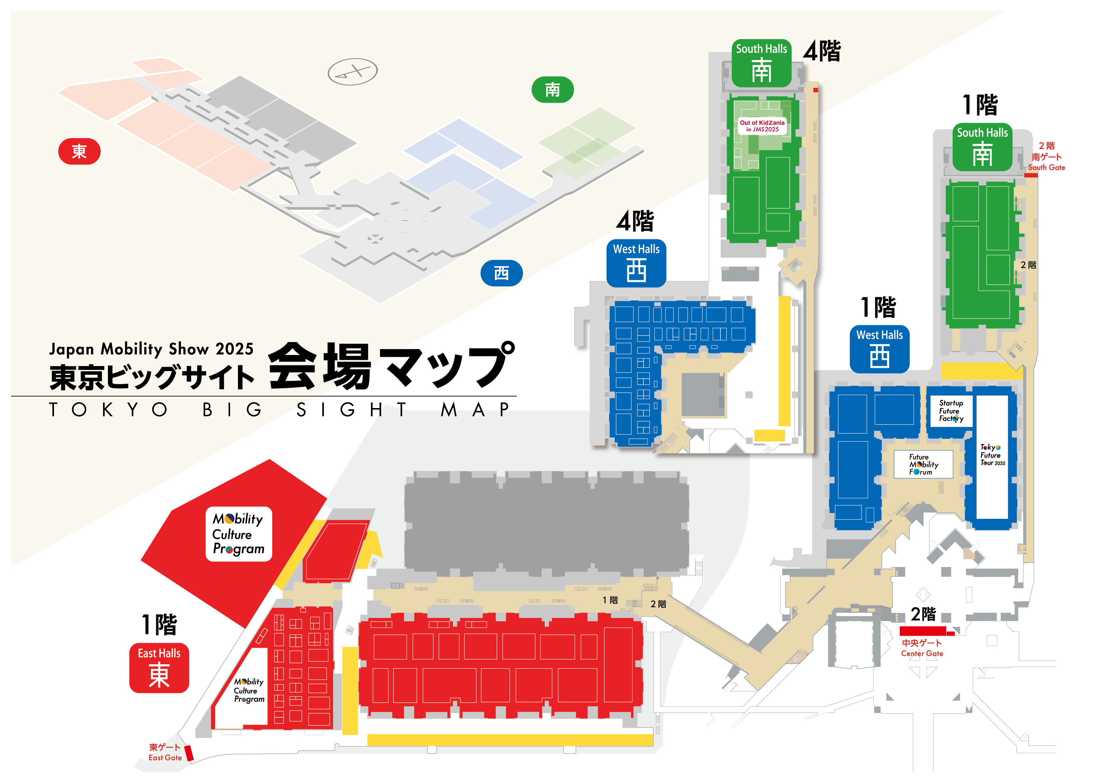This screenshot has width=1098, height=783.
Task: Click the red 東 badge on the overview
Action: pyautogui.click(x=79, y=151)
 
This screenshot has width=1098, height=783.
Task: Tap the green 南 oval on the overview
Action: pyautogui.click(x=552, y=90)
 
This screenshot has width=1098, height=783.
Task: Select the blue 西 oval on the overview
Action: pyautogui.click(x=501, y=273)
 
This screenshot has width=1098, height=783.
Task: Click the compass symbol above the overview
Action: pyautogui.click(x=352, y=72)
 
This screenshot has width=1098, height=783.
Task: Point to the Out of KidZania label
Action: pyautogui.click(x=762, y=126)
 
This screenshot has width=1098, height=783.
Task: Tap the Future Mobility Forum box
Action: pyautogui.click(x=923, y=464)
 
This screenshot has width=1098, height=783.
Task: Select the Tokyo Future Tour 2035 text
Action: pyautogui.click(x=992, y=455)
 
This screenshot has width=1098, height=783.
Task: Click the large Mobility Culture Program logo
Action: pyautogui.click(x=239, y=534)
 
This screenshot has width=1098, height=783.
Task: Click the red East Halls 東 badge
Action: pyautogui.click(x=159, y=668)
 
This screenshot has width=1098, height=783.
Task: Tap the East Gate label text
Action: pyautogui.click(x=165, y=752)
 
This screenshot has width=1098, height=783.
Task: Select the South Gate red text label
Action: pyautogui.click(x=1046, y=157)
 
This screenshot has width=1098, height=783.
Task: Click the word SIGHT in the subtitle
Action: pyautogui.click(x=352, y=410)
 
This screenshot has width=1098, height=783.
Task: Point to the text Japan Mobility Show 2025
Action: pyautogui.click(x=151, y=349)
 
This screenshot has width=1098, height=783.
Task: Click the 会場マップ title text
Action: pyautogui.click(x=390, y=366)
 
